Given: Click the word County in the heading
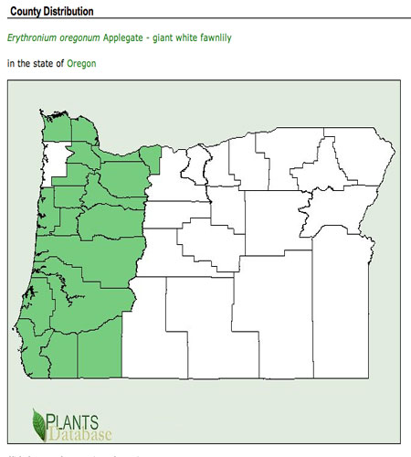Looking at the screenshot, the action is (28, 11).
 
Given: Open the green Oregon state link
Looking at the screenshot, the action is (81, 64).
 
